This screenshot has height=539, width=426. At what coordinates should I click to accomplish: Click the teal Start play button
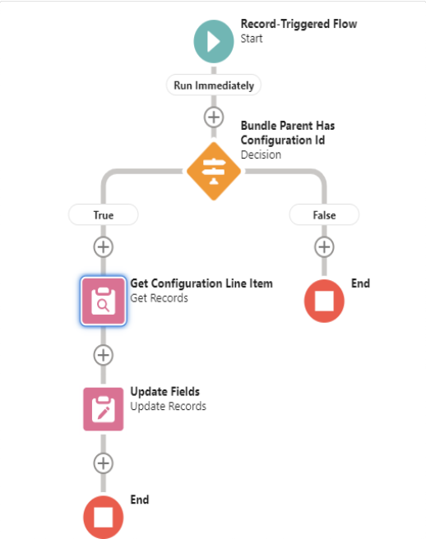point(214,41)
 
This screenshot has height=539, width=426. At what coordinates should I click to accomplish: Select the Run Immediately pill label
point(214,85)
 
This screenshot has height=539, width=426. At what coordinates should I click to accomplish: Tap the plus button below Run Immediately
point(214,117)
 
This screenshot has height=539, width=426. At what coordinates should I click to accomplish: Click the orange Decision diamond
point(214,171)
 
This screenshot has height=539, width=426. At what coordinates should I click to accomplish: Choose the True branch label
point(104,214)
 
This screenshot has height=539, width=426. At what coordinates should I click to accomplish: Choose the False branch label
point(324,214)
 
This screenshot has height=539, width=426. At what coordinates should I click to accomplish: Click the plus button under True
point(104,246)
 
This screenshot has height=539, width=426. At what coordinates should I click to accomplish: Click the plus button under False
point(324,246)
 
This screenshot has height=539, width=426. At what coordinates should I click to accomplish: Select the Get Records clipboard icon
point(104,301)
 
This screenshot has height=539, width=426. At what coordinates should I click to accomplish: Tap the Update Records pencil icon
point(104,409)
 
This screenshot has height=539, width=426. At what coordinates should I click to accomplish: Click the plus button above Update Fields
point(104,355)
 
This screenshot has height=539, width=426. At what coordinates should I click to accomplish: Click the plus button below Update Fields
point(104,463)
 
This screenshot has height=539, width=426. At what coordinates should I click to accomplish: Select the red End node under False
point(324,301)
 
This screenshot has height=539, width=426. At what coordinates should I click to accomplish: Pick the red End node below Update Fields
point(104,517)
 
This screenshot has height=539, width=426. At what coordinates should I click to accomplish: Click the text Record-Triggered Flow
point(299,24)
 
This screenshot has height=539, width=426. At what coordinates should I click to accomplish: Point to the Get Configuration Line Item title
point(201,283)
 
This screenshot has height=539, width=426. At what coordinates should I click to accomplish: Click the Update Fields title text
point(164,391)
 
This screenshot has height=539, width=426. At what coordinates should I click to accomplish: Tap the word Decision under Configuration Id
point(261,154)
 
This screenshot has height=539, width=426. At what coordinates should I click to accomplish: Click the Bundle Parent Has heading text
point(288,126)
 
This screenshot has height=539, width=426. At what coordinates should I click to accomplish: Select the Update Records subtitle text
point(168,406)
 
